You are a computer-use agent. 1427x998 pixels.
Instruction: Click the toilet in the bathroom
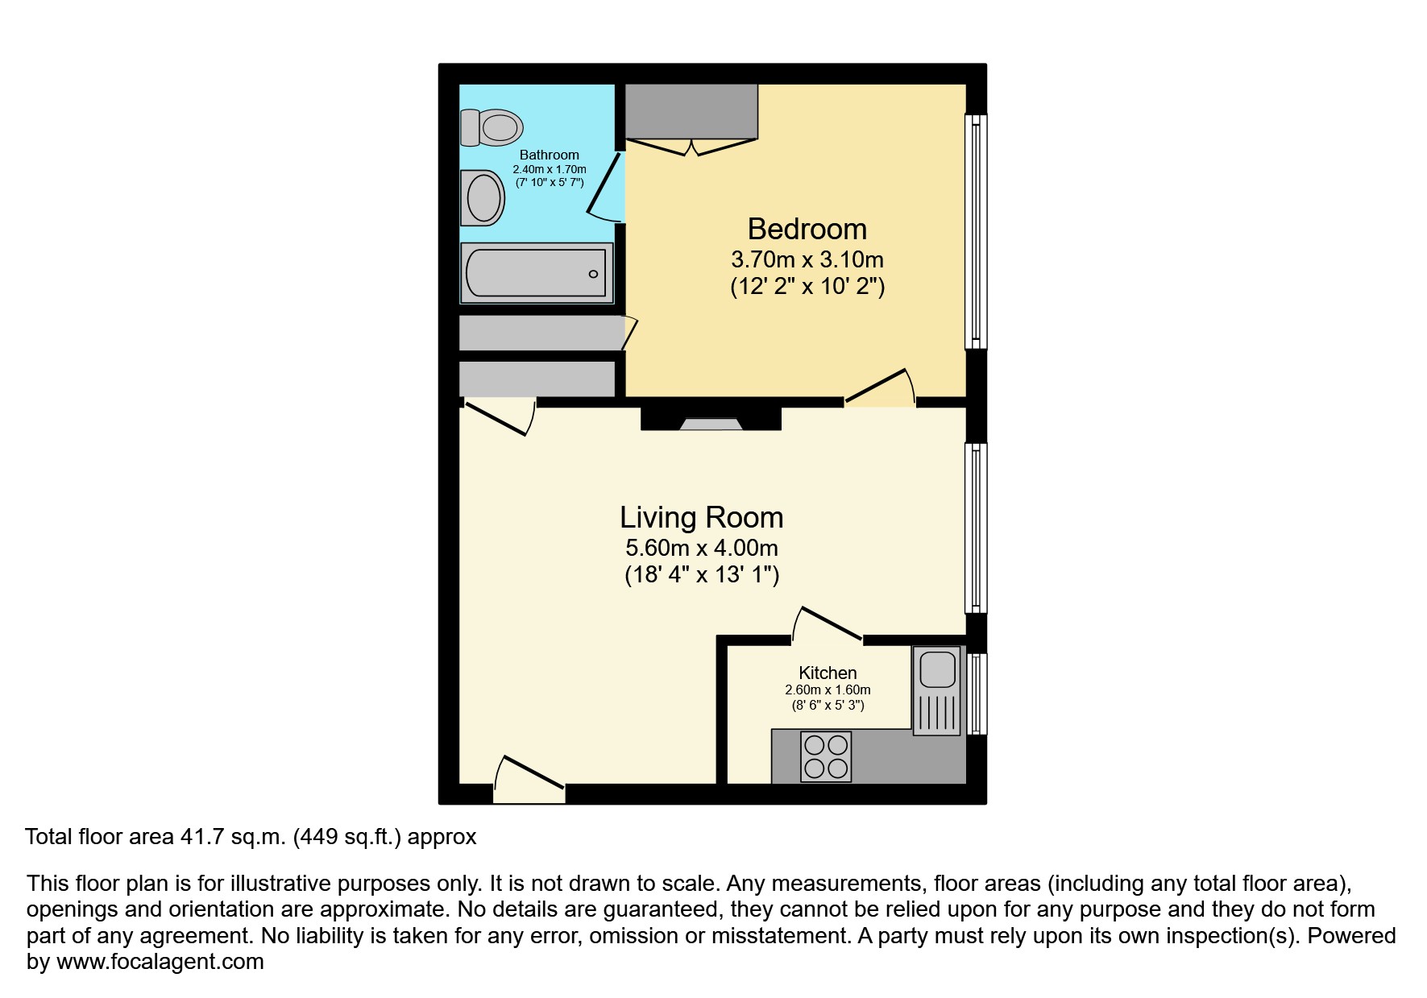click(492, 127)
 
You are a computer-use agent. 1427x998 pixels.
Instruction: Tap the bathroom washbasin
click(483, 197)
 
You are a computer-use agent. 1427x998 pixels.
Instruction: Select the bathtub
click(536, 274)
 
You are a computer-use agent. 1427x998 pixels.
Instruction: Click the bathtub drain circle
click(594, 274)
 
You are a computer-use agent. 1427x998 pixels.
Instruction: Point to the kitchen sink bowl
click(937, 669)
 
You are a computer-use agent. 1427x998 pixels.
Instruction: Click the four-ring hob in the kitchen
click(826, 756)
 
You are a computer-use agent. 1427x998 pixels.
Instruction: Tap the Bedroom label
click(807, 230)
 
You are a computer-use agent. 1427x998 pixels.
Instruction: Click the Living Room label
click(701, 517)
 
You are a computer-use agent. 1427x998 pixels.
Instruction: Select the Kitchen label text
click(828, 673)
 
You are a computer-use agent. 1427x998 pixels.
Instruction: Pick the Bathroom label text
click(549, 155)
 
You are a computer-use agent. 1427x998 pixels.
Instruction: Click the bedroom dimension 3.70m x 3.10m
click(807, 260)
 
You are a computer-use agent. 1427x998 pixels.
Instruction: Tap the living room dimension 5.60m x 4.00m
click(701, 549)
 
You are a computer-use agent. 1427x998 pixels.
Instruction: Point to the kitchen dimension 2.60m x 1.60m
click(828, 690)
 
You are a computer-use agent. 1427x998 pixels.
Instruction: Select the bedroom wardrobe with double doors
click(691, 113)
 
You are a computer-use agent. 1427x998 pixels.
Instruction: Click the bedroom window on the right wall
click(976, 232)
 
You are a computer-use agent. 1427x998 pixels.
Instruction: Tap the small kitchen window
click(977, 694)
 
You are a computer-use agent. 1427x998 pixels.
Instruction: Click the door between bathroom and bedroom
click(606, 187)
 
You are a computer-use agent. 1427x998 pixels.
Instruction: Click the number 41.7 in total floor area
click(196, 838)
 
